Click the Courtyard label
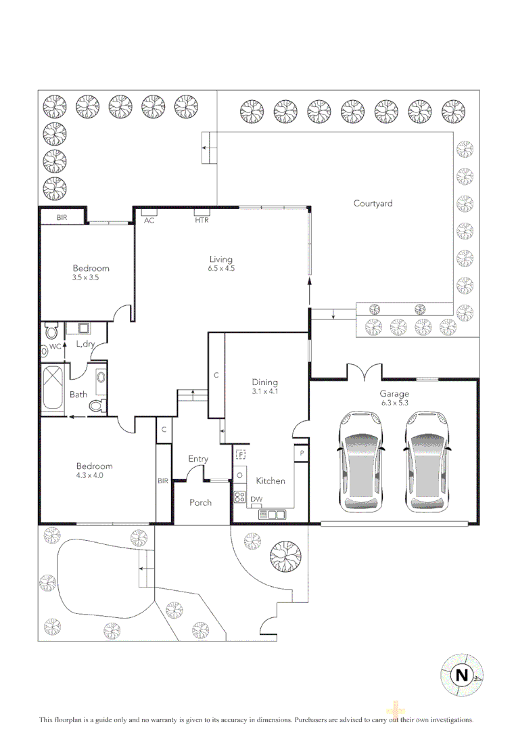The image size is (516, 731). (373, 203)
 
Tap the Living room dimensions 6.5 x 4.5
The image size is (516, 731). (220, 269)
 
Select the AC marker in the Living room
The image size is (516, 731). (149, 221)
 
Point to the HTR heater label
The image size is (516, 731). (202, 221)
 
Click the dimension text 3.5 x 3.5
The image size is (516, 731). (85, 278)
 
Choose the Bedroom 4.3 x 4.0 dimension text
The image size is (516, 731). (94, 475)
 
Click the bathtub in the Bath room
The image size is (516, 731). (53, 389)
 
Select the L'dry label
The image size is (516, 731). (85, 345)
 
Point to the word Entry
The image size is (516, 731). (198, 459)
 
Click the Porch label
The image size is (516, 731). (200, 502)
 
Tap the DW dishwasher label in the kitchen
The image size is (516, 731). (256, 500)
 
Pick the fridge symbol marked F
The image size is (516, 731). (240, 455)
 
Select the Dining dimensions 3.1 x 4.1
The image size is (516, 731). (265, 391)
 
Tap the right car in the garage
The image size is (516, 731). (427, 464)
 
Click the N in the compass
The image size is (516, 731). (461, 675)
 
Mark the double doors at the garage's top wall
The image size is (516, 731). (364, 372)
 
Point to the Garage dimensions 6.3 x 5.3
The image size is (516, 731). (395, 403)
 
